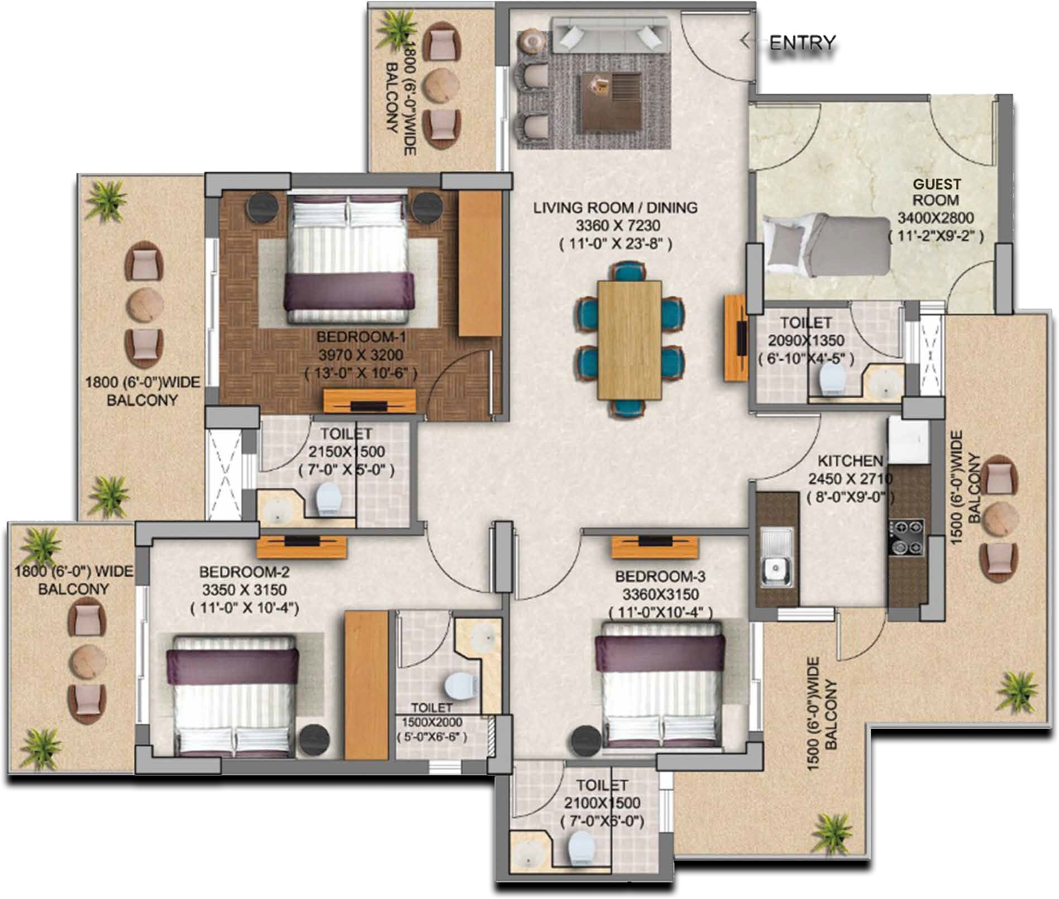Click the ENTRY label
click(x=802, y=42)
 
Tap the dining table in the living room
click(x=629, y=340)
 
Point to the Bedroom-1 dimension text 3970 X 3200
click(x=360, y=355)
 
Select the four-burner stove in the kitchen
click(x=907, y=537)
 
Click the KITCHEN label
click(x=850, y=461)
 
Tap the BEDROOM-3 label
click(x=660, y=576)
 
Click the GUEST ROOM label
click(x=936, y=191)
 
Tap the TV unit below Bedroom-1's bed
click(x=370, y=400)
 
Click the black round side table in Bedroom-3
click(x=586, y=740)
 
